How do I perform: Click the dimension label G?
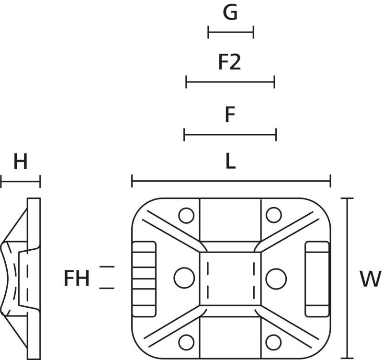(x=230, y=13)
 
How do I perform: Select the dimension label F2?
(x=230, y=63)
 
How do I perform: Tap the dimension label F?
(x=230, y=115)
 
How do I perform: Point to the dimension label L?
(x=231, y=162)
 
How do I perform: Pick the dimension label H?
(x=20, y=163)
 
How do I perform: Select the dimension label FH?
(x=77, y=279)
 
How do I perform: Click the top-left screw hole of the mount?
(x=186, y=215)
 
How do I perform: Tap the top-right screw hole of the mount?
(x=274, y=215)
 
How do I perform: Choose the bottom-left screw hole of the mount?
(x=186, y=342)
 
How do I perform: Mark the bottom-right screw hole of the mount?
(x=274, y=342)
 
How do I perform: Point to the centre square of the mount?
(x=230, y=278)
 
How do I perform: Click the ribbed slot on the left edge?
(x=144, y=279)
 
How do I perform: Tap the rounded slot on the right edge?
(x=317, y=279)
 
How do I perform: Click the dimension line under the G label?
(x=231, y=33)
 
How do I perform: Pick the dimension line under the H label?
(x=21, y=182)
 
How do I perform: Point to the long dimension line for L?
(x=231, y=181)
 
